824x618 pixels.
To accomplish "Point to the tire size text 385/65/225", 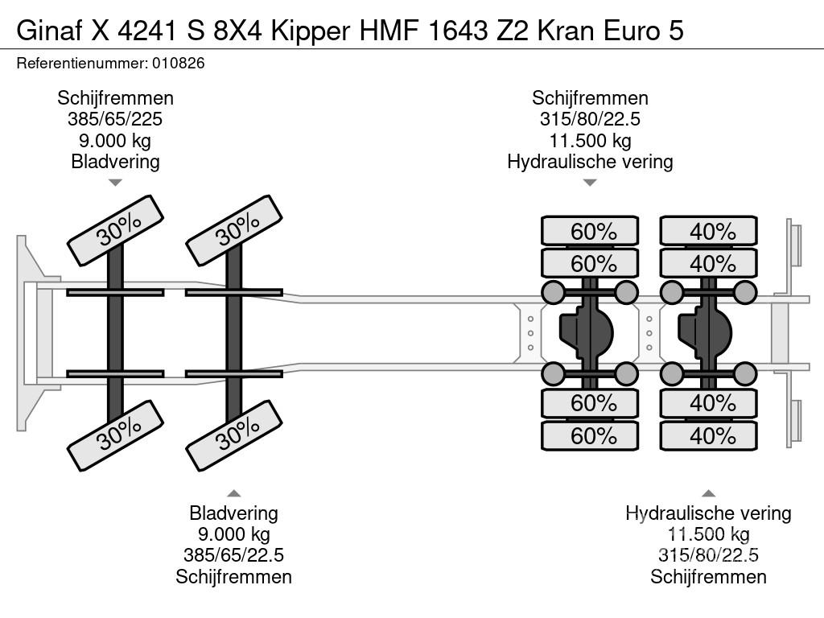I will click(x=115, y=120).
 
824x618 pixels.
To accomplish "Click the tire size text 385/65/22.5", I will click(x=233, y=555).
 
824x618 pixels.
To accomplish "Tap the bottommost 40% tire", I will click(x=709, y=436).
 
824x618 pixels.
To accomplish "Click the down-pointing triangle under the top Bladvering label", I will click(x=115, y=183).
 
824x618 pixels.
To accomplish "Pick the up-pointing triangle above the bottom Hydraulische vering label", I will click(x=708, y=492).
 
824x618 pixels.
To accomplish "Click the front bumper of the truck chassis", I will click(x=28, y=333).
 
